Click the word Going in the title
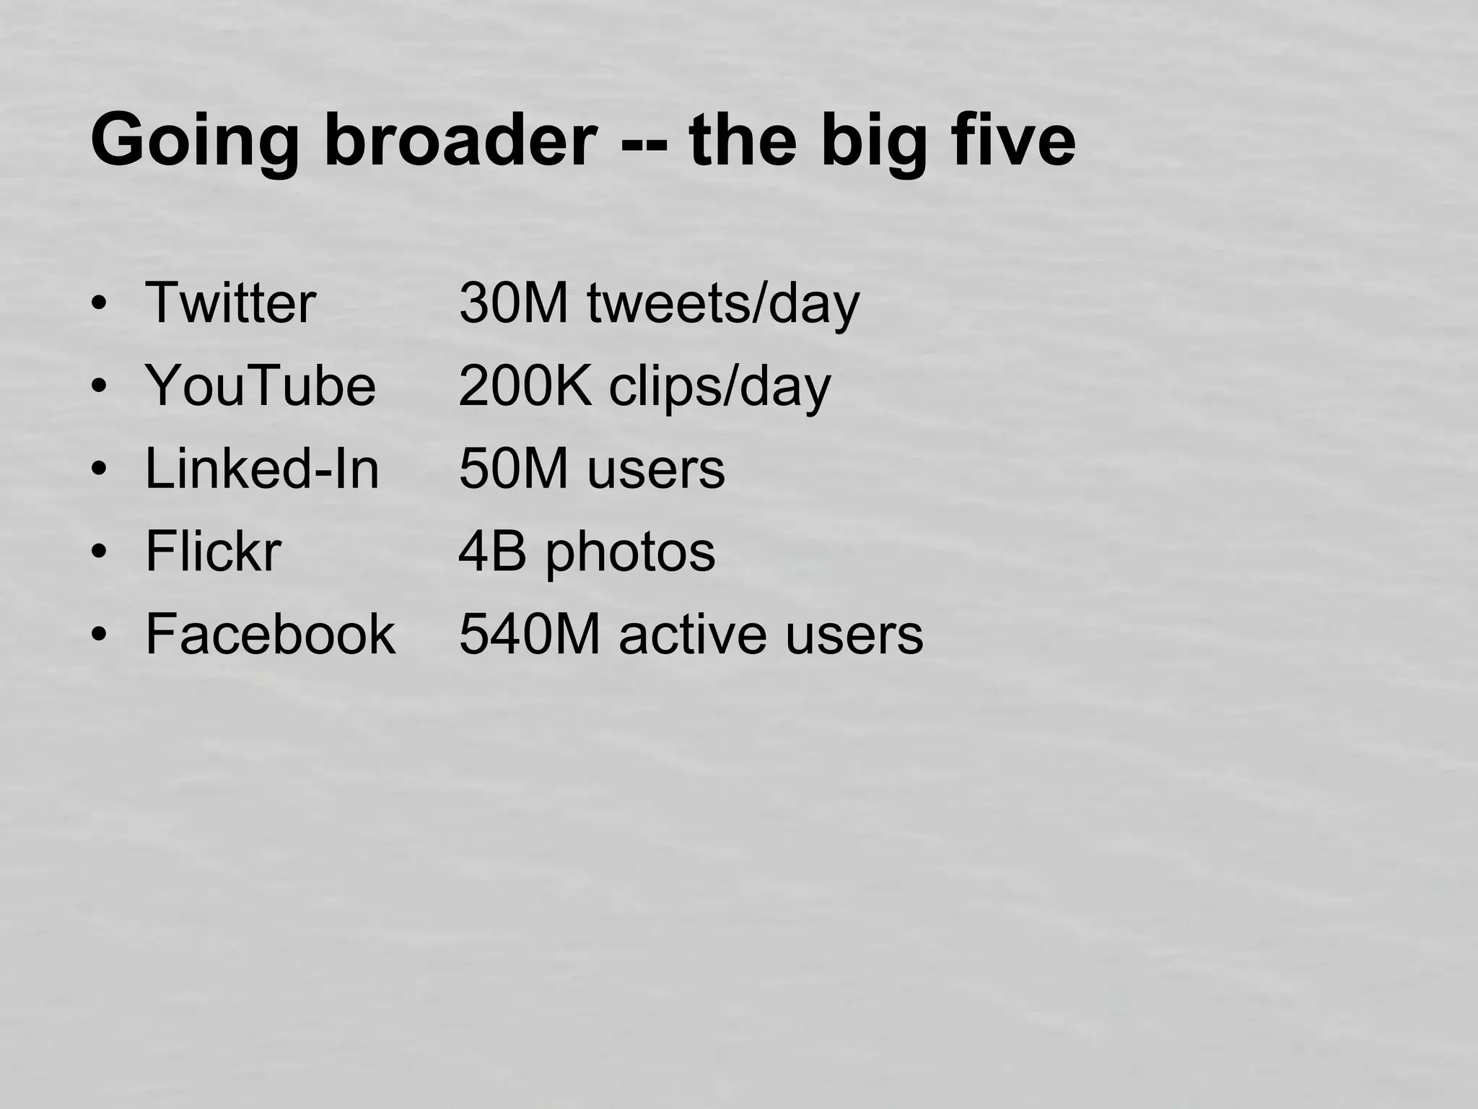(x=194, y=141)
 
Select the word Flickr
(x=213, y=551)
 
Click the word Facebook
(x=271, y=634)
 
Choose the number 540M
(x=530, y=634)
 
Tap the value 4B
(x=492, y=551)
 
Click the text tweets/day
(x=723, y=303)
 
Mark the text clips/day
(x=720, y=387)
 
